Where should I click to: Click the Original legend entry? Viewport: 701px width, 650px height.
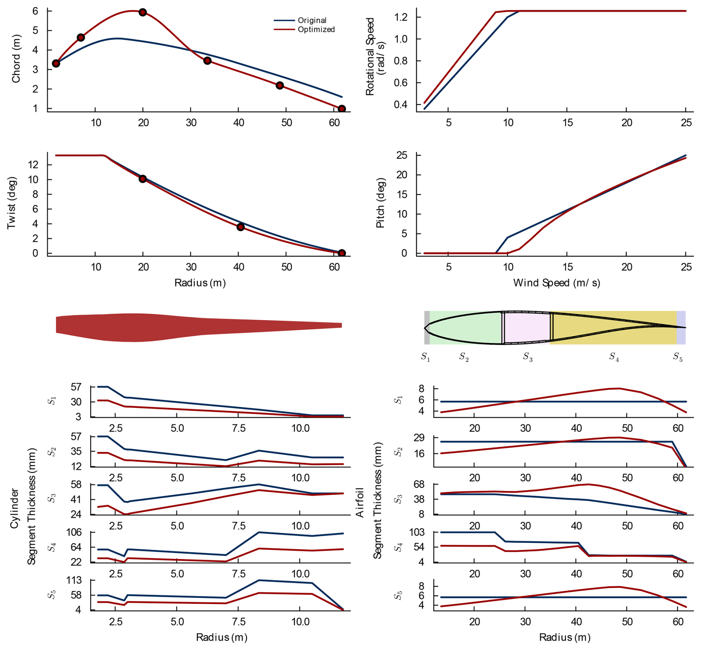[312, 20]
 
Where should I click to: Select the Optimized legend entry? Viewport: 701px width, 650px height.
[316, 30]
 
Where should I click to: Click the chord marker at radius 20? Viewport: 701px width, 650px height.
[143, 12]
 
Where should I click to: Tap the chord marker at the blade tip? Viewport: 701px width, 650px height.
[342, 109]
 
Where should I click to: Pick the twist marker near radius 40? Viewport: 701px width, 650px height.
[240, 227]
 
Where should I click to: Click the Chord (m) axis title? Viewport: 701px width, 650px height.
[16, 59]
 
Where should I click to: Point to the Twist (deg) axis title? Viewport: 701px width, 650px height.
[12, 203]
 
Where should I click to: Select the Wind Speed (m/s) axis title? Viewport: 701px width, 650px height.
[556, 283]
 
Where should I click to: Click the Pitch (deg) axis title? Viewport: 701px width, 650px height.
[381, 203]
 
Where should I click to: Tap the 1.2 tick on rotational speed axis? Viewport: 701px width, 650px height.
[402, 17]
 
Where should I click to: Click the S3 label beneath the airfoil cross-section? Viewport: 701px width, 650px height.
[528, 357]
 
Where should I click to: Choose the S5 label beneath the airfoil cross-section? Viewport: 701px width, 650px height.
[678, 357]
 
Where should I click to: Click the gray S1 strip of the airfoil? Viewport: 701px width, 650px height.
[427, 327]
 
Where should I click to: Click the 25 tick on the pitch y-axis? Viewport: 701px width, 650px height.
[402, 155]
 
